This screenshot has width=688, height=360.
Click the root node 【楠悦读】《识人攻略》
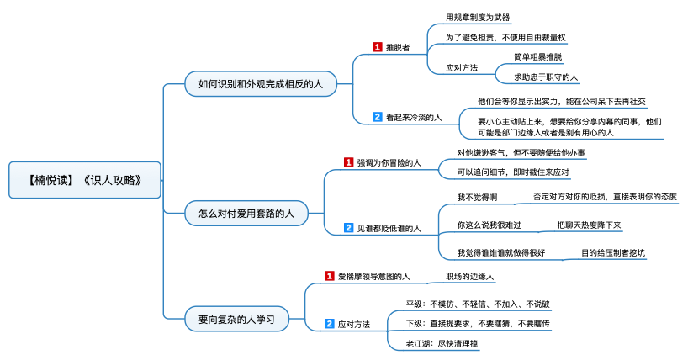click(x=85, y=180)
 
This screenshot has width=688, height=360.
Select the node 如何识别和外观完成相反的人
click(x=261, y=84)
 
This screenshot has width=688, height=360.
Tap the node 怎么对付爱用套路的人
click(x=246, y=214)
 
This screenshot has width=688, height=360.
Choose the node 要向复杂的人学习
click(x=236, y=319)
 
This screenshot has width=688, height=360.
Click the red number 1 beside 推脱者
click(x=378, y=47)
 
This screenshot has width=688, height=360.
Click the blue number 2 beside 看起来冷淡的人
click(x=378, y=117)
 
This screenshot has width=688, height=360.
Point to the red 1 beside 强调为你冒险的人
click(x=348, y=162)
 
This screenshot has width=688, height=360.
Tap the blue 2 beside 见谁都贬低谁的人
click(x=348, y=228)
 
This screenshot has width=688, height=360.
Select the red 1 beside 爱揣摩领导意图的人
click(x=330, y=276)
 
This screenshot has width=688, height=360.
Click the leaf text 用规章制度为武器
click(x=478, y=18)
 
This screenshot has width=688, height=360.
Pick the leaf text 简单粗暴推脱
click(x=538, y=57)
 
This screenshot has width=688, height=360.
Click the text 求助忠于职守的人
click(x=546, y=77)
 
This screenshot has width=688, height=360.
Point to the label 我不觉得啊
click(x=477, y=197)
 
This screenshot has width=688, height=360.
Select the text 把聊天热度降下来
click(x=590, y=225)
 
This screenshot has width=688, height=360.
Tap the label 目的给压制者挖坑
click(x=613, y=253)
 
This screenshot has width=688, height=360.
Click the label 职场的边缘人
click(x=469, y=276)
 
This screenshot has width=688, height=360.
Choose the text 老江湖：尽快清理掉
click(x=442, y=344)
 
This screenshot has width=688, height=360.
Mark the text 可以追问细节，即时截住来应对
click(x=513, y=172)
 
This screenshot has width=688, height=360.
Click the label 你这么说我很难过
click(x=490, y=225)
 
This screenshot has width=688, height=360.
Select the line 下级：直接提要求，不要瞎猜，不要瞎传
click(x=478, y=324)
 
